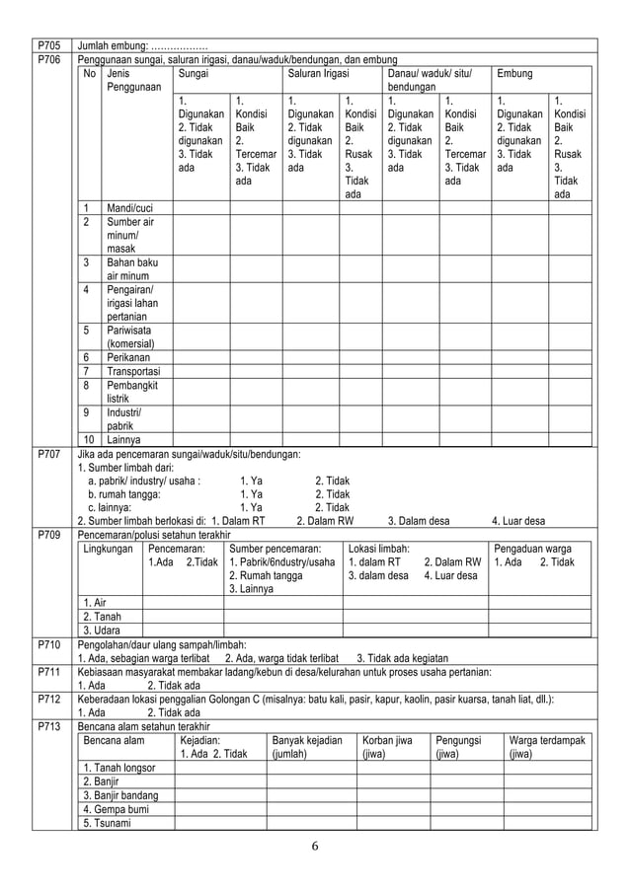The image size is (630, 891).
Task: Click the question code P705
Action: pyautogui.click(x=46, y=45)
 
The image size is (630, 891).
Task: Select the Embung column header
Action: pyautogui.click(x=516, y=74)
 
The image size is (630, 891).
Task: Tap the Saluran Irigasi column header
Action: pyautogui.click(x=310, y=74)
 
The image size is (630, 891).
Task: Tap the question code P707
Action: pyautogui.click(x=46, y=453)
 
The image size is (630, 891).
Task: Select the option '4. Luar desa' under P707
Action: pyautogui.click(x=517, y=521)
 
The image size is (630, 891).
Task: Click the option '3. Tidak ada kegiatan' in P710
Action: pyautogui.click(x=402, y=658)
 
